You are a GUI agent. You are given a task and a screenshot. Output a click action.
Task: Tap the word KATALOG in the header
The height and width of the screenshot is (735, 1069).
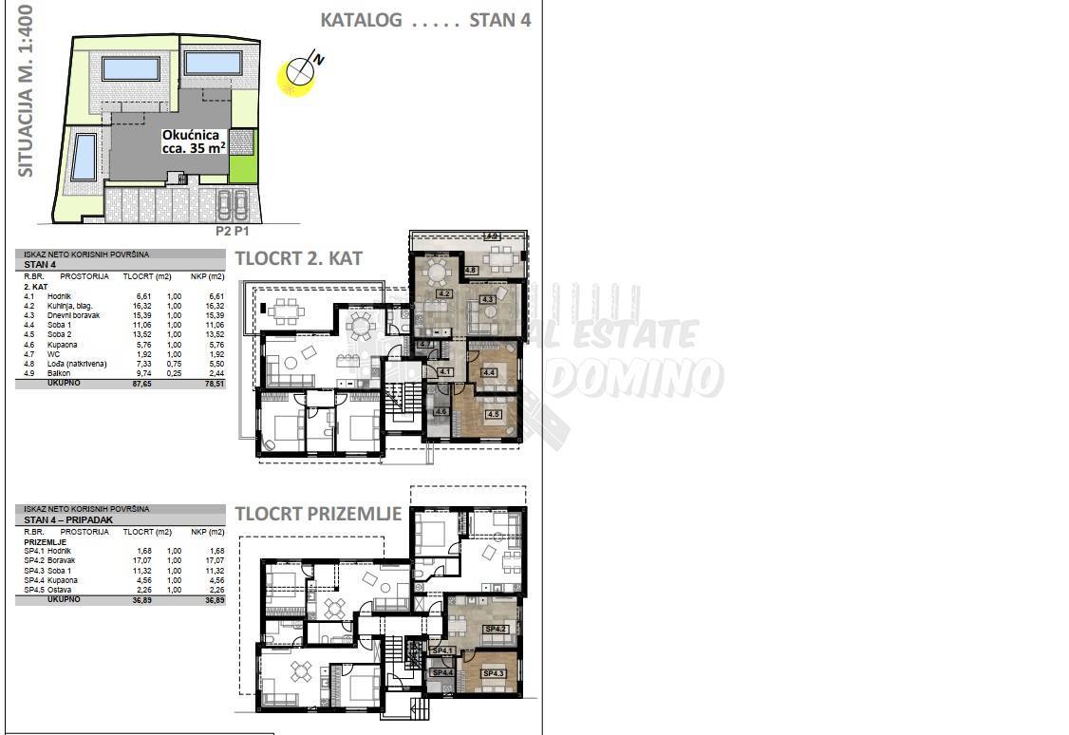coord(361,20)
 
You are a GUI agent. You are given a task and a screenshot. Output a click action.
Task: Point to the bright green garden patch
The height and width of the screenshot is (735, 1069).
coord(243,169)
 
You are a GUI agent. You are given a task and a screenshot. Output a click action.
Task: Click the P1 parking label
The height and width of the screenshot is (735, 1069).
coord(242,230)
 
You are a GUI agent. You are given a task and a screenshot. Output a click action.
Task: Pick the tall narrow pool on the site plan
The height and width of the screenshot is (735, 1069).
coord(84,157)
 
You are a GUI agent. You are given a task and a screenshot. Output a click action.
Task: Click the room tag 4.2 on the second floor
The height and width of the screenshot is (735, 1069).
coord(443,294)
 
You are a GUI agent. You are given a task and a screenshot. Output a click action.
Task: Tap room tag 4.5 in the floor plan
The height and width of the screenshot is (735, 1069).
coord(493,413)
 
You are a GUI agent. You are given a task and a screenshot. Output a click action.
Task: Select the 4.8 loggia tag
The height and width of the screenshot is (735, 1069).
coord(472,271)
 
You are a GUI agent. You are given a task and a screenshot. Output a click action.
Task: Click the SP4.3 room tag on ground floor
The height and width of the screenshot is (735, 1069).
coord(495,673)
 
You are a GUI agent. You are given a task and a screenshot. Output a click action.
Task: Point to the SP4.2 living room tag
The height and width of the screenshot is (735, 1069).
coord(495,629)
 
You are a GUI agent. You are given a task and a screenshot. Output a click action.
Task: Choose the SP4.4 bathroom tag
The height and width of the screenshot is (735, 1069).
coord(441,673)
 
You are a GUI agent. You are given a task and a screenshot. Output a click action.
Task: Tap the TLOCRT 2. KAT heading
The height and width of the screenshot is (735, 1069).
coord(299,258)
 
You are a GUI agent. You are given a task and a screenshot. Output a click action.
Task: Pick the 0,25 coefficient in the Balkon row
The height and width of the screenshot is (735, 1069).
coord(174,373)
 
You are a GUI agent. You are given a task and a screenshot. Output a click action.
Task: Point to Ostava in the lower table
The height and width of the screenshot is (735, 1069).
coord(60,590)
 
